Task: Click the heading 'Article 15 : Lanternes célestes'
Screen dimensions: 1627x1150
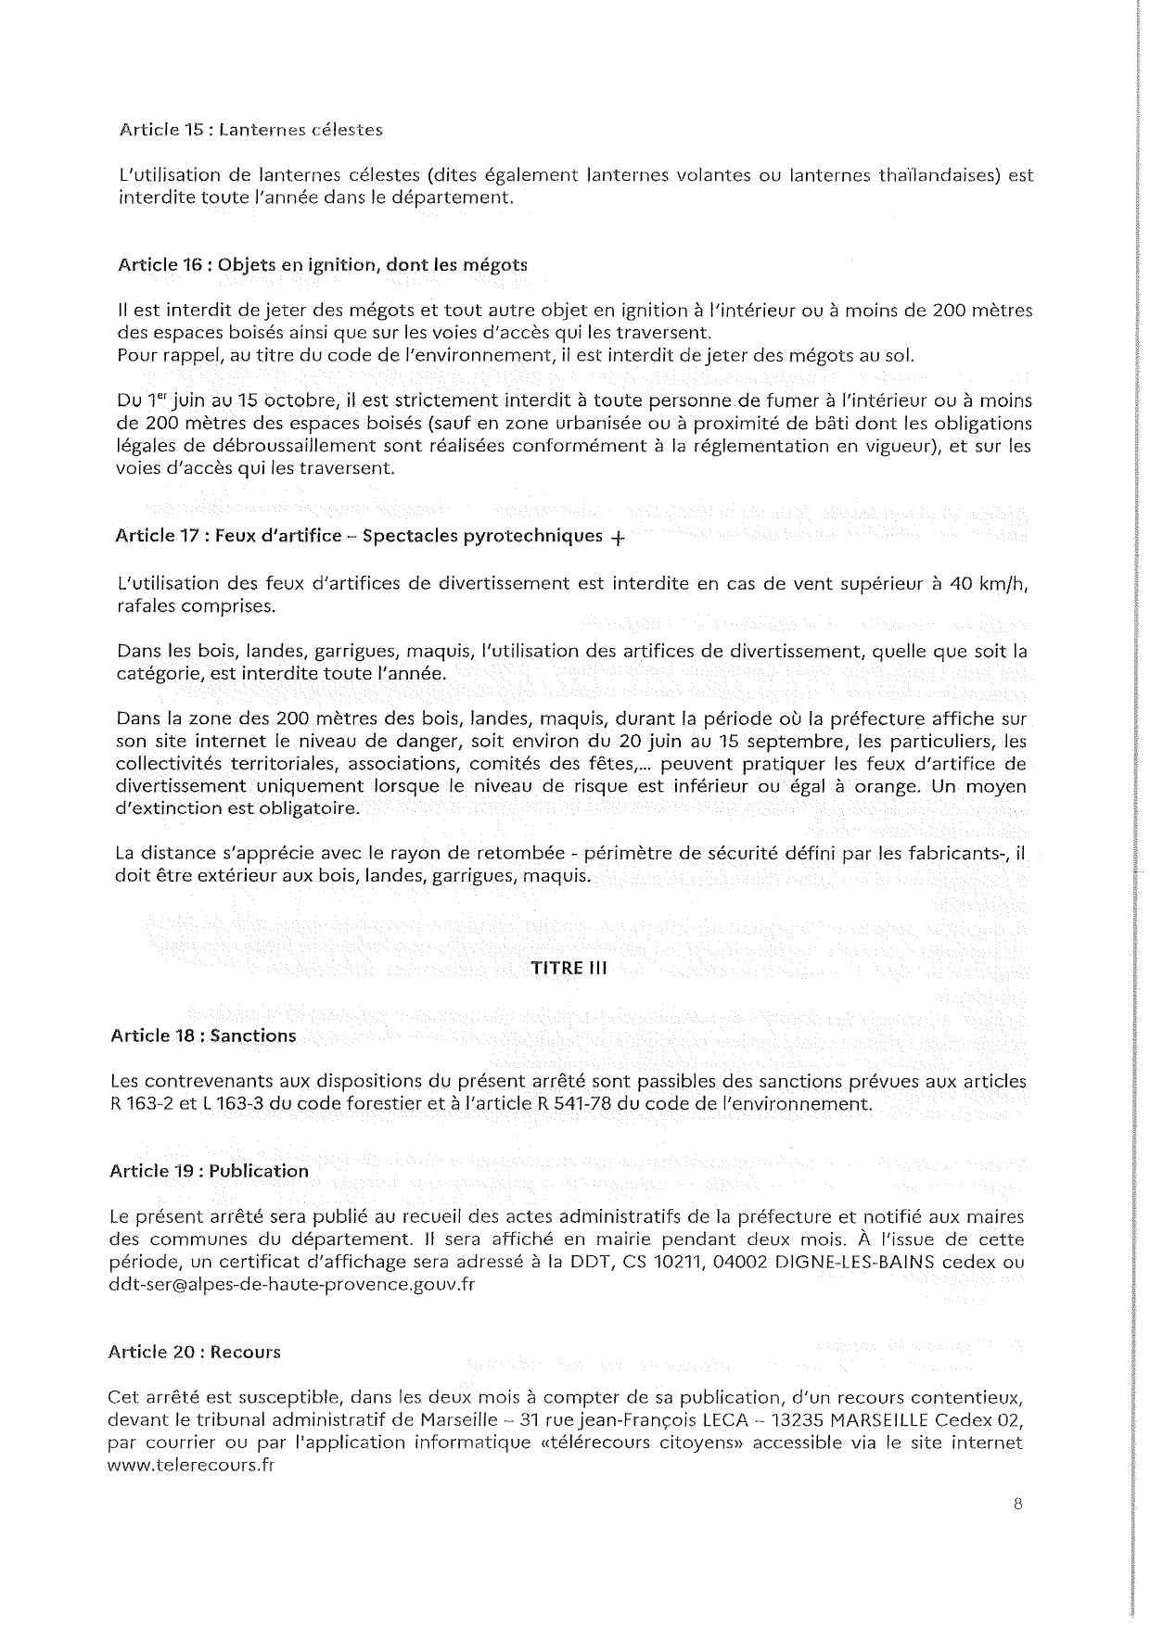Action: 250,130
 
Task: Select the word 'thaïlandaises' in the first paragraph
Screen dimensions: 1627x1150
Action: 938,175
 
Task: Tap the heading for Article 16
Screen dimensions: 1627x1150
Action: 323,264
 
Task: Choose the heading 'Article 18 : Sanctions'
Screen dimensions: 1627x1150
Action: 203,1036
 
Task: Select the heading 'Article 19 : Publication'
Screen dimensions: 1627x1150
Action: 209,1171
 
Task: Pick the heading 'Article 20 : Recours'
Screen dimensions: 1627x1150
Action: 194,1352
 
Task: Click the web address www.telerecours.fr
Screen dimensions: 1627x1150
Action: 191,1466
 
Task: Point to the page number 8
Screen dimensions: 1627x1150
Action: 1017,1506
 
